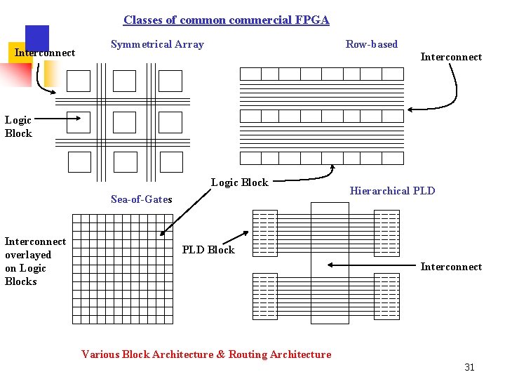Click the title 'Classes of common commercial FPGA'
(226, 20)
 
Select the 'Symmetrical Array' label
(157, 45)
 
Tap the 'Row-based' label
(371, 45)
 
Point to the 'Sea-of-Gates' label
(141, 199)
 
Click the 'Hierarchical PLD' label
(392, 191)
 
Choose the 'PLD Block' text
(208, 250)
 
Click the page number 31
(469, 367)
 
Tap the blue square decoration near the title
(37, 38)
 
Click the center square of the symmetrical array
(125, 122)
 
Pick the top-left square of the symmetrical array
(79, 81)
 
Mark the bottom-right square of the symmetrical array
(170, 162)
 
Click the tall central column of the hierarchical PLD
(330, 263)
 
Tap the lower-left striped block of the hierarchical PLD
(264, 295)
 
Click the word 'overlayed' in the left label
(28, 255)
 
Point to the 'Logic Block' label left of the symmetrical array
(18, 126)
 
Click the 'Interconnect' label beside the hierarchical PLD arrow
(451, 267)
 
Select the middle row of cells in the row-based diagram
(322, 117)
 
